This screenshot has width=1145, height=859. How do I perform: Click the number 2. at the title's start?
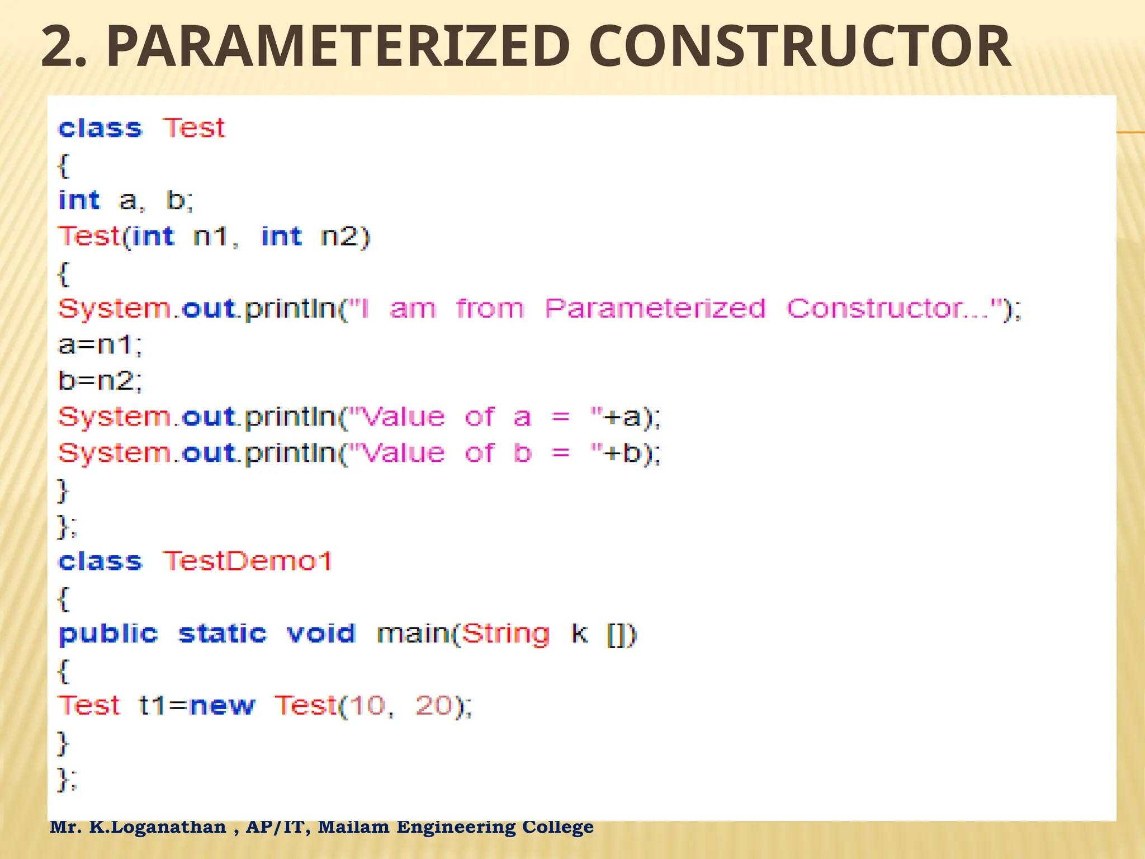coord(64,48)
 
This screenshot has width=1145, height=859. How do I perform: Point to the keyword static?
coord(223,634)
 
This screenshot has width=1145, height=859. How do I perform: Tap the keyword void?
coord(321,634)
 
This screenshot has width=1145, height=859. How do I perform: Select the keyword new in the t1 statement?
coord(222,706)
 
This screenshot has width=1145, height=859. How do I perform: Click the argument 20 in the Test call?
coord(433,706)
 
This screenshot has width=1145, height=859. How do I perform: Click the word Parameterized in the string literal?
coord(655,309)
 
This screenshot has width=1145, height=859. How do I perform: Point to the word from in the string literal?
coord(490,309)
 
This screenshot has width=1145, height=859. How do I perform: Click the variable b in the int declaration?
coord(176,200)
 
